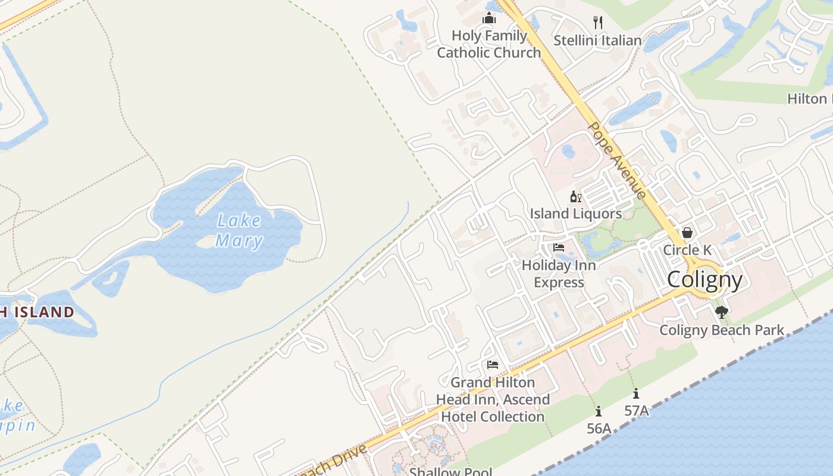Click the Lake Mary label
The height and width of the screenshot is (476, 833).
point(239,231)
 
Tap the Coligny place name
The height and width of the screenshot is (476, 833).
point(704,280)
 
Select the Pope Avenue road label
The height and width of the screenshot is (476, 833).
point(617,161)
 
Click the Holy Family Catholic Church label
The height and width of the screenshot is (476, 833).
point(489,44)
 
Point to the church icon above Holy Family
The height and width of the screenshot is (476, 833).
point(489,18)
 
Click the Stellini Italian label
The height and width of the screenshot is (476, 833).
point(597,40)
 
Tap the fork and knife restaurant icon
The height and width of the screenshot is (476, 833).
point(598,23)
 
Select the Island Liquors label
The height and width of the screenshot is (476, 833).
point(576,214)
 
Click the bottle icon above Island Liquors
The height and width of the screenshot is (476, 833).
point(575,197)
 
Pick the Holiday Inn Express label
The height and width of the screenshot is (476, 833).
point(559,274)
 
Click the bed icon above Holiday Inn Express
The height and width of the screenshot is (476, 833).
point(558,248)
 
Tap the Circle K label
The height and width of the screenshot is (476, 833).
point(687,250)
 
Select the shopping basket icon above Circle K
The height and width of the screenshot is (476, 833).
point(687,233)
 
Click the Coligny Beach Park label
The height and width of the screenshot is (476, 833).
point(722,330)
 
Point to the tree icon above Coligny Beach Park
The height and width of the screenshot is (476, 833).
point(722,312)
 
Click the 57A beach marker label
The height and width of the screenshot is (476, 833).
point(636,411)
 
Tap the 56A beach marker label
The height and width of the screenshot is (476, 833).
point(599,428)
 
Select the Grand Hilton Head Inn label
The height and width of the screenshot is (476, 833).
point(493,399)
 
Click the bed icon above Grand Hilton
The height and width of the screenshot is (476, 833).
point(492,365)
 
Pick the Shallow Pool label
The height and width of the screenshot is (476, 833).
point(450,472)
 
